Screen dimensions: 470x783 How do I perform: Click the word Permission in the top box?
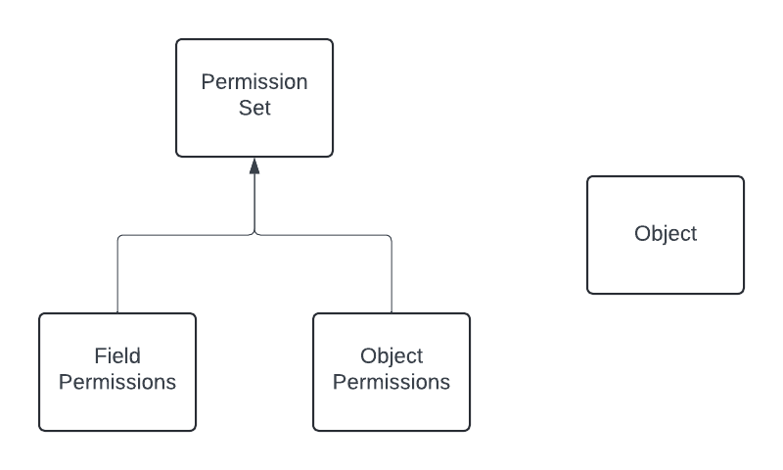pos(254,82)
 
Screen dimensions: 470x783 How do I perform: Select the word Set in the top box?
pos(254,108)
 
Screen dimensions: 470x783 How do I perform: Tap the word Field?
pos(117,355)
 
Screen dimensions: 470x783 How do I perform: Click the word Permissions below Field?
pos(117,382)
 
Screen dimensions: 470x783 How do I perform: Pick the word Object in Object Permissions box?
pos(391,355)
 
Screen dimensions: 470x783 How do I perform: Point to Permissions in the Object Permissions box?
pos(391,382)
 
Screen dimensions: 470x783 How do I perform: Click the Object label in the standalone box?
pos(666,234)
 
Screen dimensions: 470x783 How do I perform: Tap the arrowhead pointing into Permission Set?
pos(254,164)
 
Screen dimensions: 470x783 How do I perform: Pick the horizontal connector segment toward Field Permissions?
pos(186,235)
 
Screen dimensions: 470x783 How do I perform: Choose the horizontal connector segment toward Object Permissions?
pos(323,235)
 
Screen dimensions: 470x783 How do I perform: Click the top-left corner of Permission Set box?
pos(178,41)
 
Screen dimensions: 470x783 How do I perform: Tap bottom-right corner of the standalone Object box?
pos(742,292)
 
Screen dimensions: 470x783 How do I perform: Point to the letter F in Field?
pos(100,355)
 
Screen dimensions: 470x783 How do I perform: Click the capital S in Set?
pos(244,108)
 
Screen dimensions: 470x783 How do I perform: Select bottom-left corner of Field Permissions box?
pos(41,429)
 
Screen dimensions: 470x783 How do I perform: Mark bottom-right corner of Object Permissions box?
pos(468,429)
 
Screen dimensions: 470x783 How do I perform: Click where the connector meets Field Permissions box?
pos(117,313)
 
